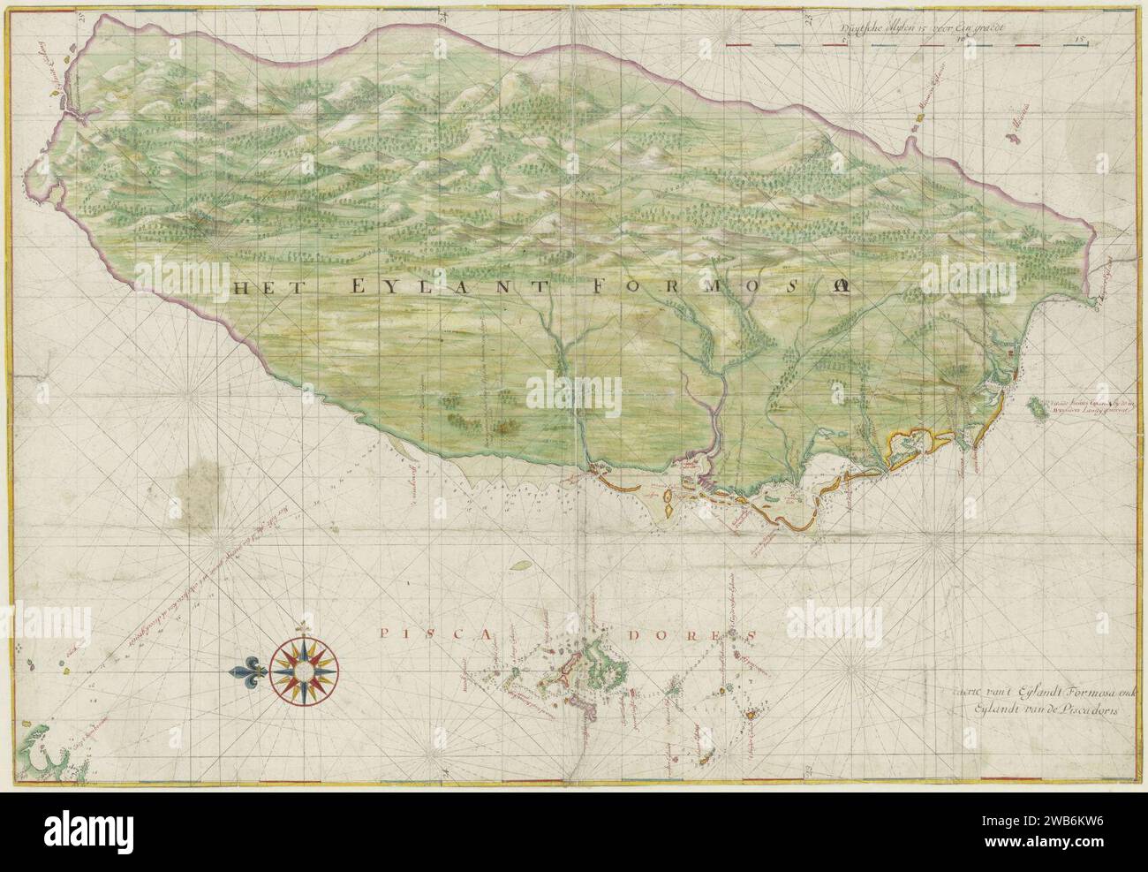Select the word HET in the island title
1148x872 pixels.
261,286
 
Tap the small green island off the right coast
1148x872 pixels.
1034,409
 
